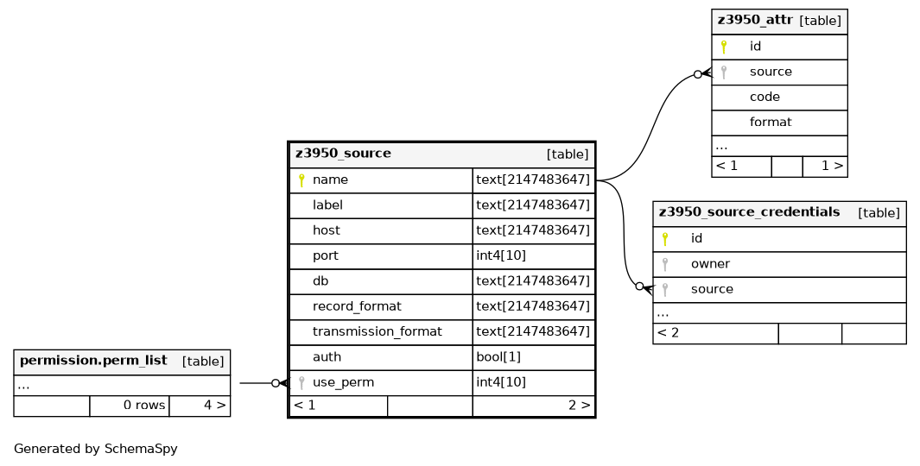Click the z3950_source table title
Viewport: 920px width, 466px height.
point(343,154)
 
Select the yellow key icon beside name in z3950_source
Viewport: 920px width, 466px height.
point(301,180)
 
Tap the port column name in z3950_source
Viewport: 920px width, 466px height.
point(325,256)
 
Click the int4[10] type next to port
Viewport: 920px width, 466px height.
point(501,255)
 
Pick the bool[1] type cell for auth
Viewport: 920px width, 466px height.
point(498,357)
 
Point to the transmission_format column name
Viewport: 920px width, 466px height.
point(377,331)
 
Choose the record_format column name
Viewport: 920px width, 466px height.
point(357,306)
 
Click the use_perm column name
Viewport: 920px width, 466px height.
point(343,383)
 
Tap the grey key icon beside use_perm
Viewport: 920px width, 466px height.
point(301,383)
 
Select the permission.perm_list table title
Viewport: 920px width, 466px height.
point(93,361)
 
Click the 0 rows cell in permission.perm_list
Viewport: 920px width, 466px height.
point(144,405)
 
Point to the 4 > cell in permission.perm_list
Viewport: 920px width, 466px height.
point(215,405)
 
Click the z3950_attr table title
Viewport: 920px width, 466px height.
point(755,20)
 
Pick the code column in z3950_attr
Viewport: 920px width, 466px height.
point(765,97)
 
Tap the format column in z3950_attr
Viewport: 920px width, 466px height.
point(771,122)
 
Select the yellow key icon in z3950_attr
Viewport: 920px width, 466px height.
point(724,47)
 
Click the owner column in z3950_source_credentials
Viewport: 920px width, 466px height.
point(710,264)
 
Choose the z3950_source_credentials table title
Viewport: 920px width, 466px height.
point(749,212)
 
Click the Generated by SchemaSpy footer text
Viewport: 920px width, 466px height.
point(96,449)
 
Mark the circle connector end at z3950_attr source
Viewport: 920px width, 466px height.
point(698,74)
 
